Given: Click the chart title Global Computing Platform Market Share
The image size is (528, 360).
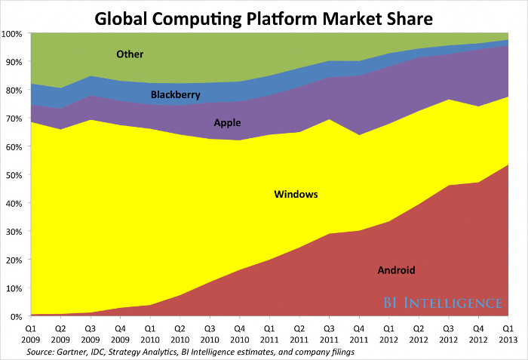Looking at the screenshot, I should [264, 15].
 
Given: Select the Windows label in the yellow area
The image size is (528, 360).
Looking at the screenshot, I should [296, 194].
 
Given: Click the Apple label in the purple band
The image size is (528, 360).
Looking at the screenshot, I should [228, 122].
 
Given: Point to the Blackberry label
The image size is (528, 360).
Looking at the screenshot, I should [175, 95].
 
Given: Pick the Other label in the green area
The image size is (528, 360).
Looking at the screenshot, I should [130, 54].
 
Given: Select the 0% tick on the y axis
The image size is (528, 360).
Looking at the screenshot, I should [15, 316].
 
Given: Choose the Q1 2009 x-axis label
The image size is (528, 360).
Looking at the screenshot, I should [30, 333].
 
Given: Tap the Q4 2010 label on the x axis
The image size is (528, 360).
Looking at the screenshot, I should [240, 333].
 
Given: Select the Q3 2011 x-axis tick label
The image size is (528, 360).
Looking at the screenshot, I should [330, 333].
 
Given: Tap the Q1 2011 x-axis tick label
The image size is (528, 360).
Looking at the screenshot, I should [270, 333].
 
